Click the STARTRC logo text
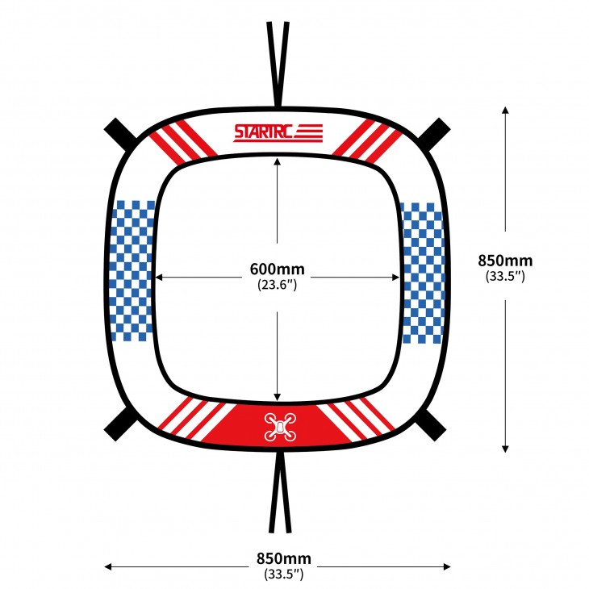(263, 132)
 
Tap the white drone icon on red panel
(280, 427)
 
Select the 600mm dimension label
(278, 269)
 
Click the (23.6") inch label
(278, 285)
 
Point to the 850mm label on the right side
(505, 261)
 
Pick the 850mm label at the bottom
(283, 558)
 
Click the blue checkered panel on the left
(133, 271)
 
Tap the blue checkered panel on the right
(423, 273)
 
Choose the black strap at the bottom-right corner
(431, 425)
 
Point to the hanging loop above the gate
(278, 64)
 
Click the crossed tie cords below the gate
(280, 492)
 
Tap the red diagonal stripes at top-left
(183, 142)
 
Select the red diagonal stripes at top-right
(367, 142)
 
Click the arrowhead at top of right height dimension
(505, 110)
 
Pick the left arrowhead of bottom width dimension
(108, 566)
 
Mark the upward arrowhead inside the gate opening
(278, 161)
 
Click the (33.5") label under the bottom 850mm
(283, 574)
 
